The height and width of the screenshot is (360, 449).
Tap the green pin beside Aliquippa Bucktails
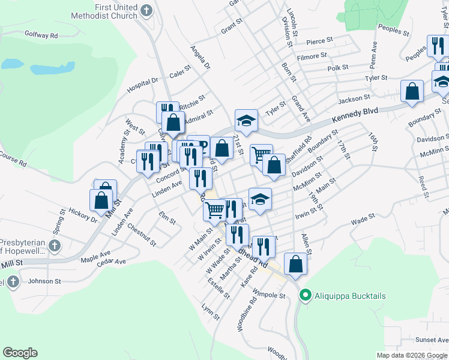tap(305, 296)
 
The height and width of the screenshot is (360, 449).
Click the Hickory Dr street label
tap(83, 215)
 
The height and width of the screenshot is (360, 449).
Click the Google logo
tap(20, 353)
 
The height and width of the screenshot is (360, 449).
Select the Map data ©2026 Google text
tap(412, 355)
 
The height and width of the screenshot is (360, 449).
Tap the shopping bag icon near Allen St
tap(295, 262)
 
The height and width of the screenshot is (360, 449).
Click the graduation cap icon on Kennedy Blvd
tap(246, 120)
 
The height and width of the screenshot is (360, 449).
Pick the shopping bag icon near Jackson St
tap(412, 91)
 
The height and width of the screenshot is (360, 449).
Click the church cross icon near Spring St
tap(55, 245)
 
